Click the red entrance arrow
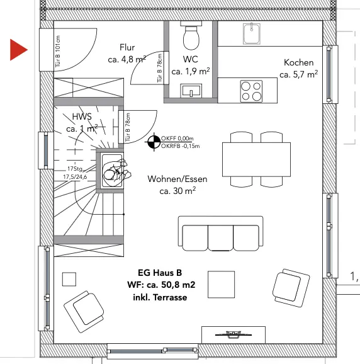pyautogui.click(x=18, y=50)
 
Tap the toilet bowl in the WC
pyautogui.click(x=191, y=37)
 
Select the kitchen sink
pyautogui.click(x=252, y=33)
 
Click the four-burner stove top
pyautogui.click(x=251, y=91)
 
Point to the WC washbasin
pyautogui.click(x=191, y=91)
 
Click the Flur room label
pyautogui.click(x=127, y=47)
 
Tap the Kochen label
pyautogui.click(x=298, y=62)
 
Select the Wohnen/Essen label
pyautogui.click(x=177, y=179)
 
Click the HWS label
pyautogui.click(x=82, y=117)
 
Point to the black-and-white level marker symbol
pyautogui.click(x=154, y=142)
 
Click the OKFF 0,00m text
pyautogui.click(x=177, y=139)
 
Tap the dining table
pyautogui.click(x=256, y=159)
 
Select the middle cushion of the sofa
pyautogui.click(x=220, y=237)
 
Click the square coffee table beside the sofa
pyautogui.click(x=222, y=285)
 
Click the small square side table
pyautogui.click(x=69, y=279)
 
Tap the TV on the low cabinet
pyautogui.click(x=233, y=334)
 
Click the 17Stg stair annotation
pyautogui.click(x=75, y=169)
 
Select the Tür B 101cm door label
pyautogui.click(x=57, y=51)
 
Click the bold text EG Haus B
pyautogui.click(x=160, y=273)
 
